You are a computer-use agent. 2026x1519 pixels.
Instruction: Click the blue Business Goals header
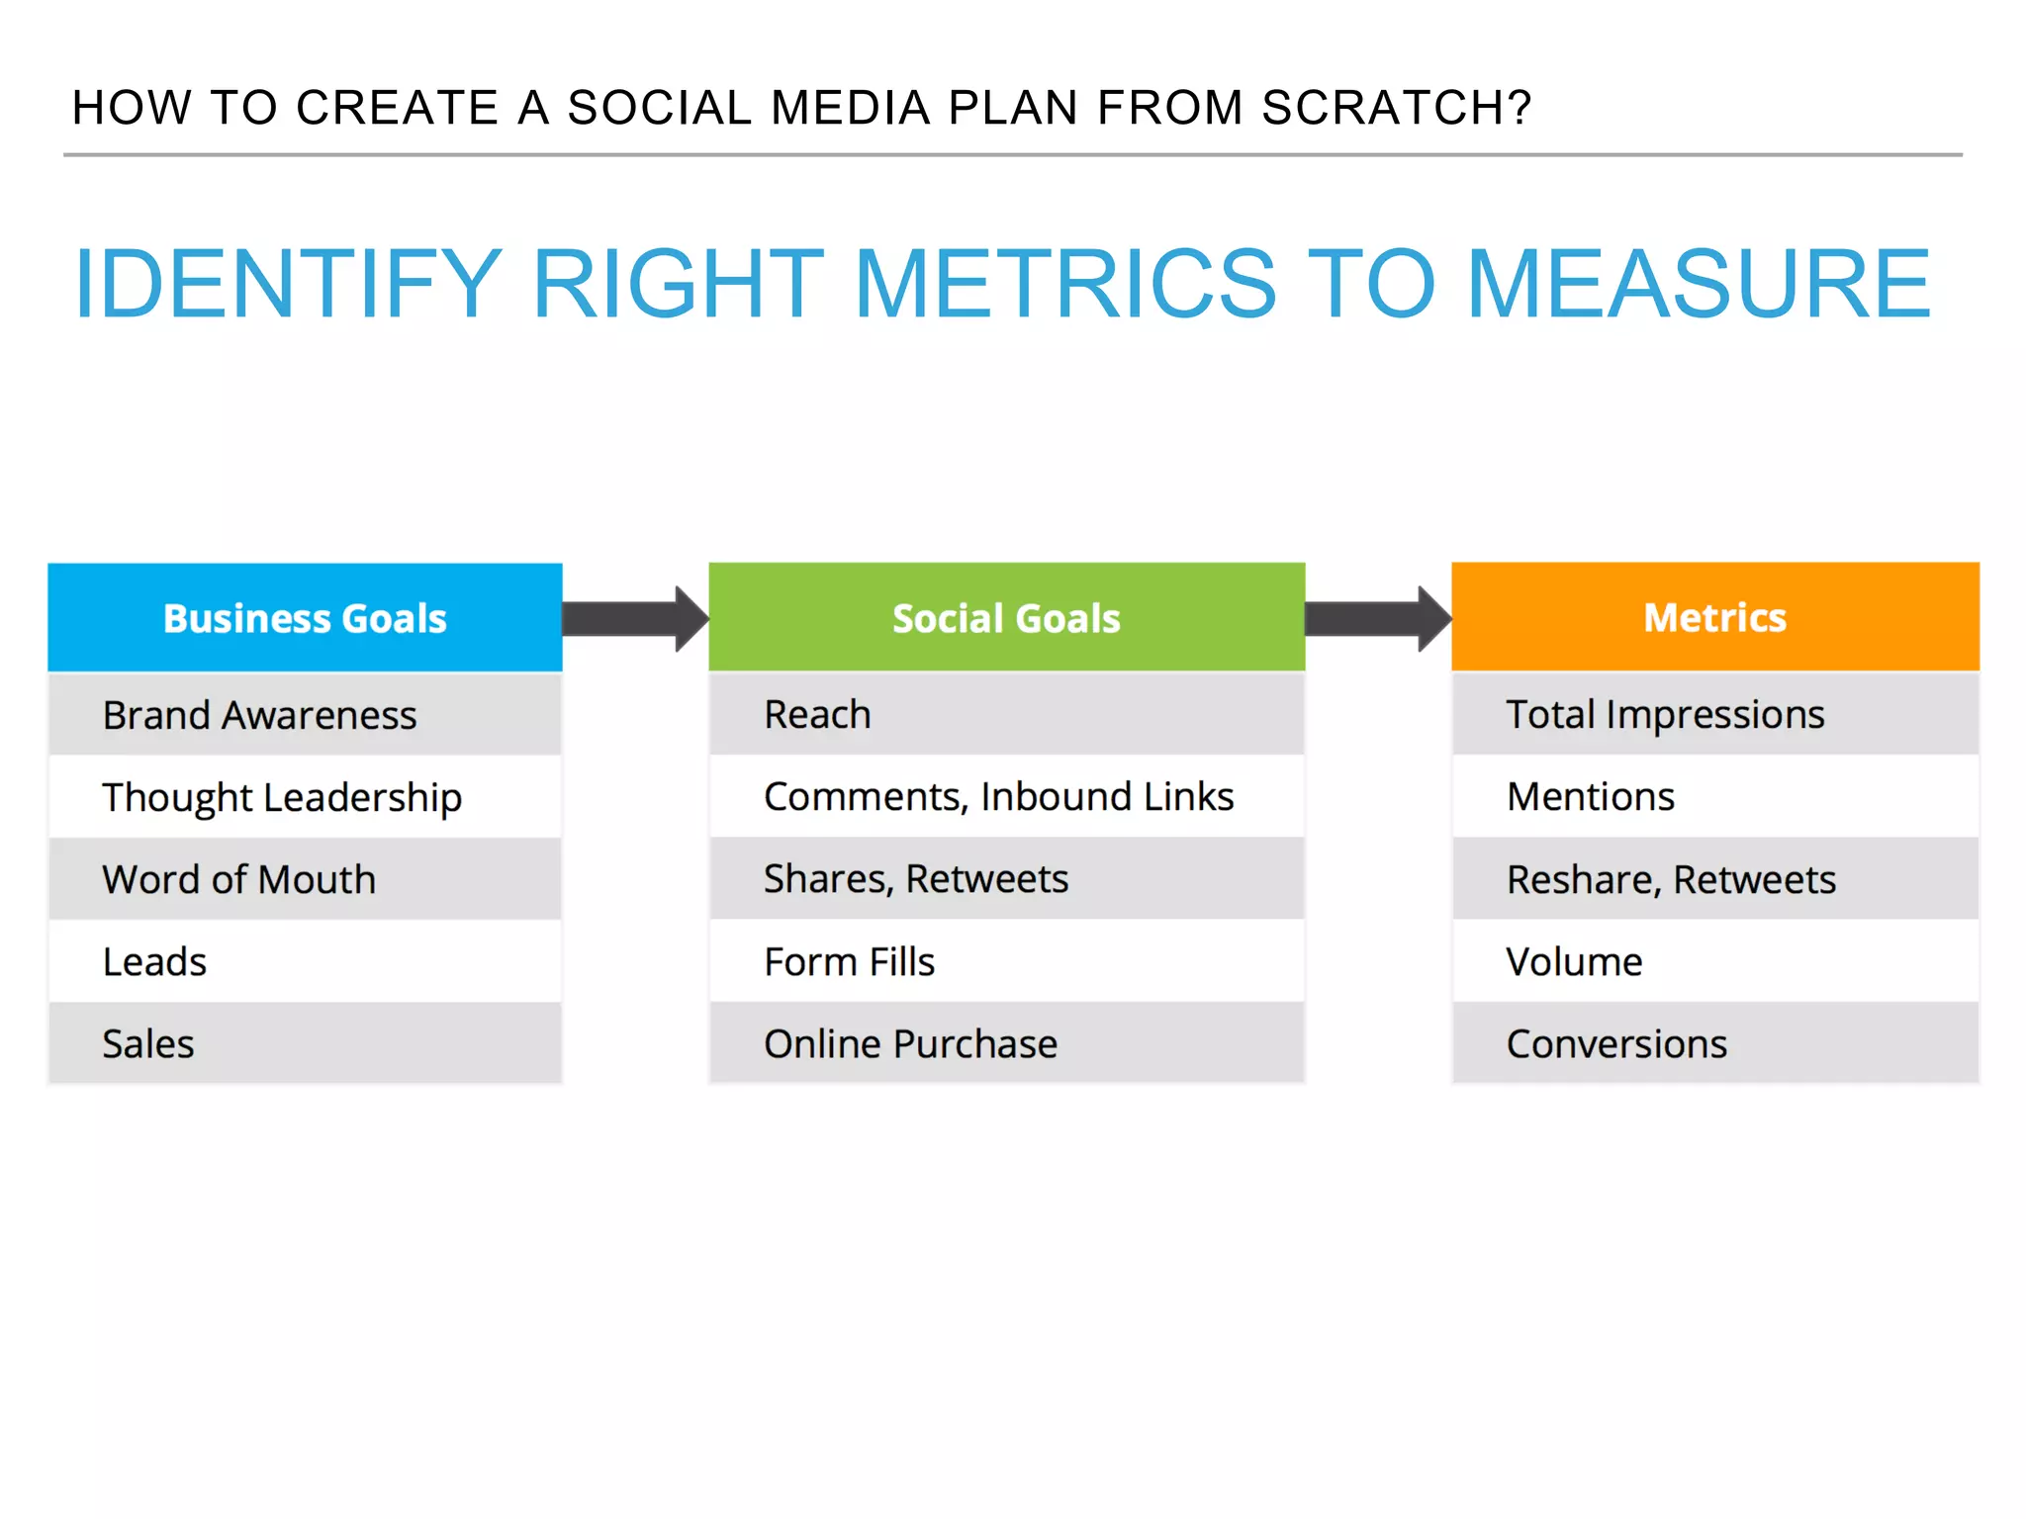coord(305,618)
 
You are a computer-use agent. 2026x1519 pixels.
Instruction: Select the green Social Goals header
coord(1006,618)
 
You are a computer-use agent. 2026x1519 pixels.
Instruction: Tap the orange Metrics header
coord(1714,618)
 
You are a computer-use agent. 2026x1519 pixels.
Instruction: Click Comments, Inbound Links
coord(998,796)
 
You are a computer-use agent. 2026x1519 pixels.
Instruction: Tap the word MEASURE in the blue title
coord(1698,285)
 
